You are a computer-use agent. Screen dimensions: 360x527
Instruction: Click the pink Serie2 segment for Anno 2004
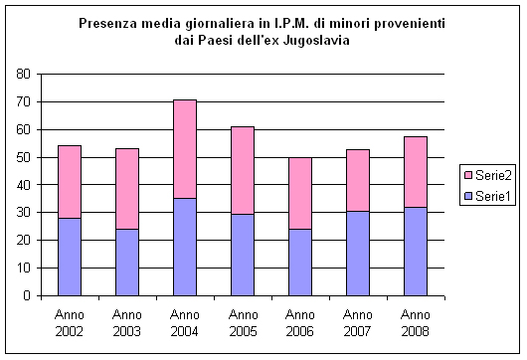[x=184, y=149]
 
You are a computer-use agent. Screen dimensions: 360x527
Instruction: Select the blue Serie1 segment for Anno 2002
[x=69, y=257]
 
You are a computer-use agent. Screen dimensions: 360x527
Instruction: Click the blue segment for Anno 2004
[x=184, y=247]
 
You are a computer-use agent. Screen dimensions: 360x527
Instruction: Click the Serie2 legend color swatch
[x=467, y=175]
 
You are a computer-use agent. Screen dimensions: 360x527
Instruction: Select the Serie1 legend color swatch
[x=467, y=197]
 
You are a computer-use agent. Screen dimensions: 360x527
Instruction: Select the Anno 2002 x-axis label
[x=69, y=322]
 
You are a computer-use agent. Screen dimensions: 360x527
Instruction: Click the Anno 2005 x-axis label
[x=243, y=322]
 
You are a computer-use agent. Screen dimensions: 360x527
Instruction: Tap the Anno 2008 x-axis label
[x=416, y=322]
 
